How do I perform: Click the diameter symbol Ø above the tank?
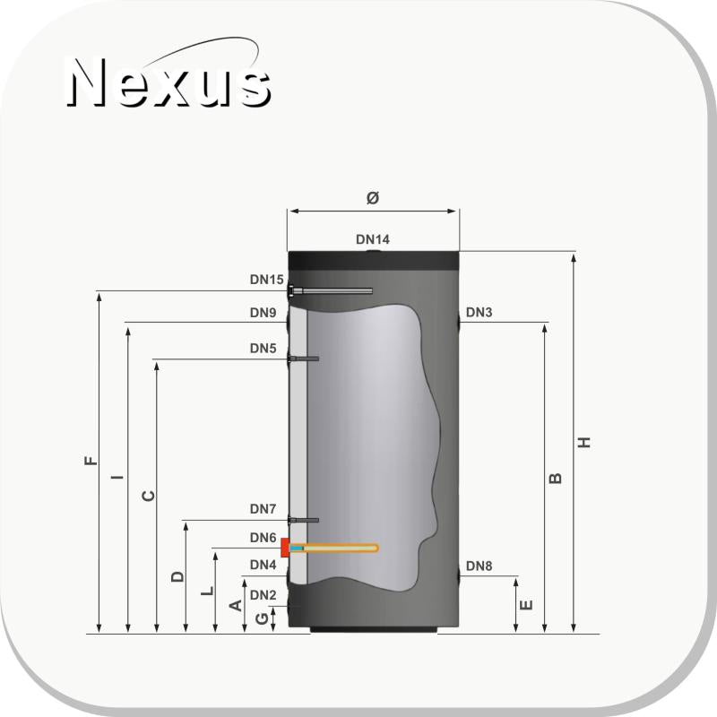click(x=373, y=198)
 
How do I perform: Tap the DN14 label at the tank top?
click(x=373, y=239)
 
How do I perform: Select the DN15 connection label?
click(x=266, y=280)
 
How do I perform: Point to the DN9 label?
click(x=263, y=313)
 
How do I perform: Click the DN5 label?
click(x=263, y=348)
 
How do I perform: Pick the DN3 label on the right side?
click(x=479, y=313)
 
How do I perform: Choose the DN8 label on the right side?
click(x=479, y=566)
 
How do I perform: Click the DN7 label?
click(x=263, y=509)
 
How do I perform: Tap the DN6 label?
click(x=263, y=538)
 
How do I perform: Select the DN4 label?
click(x=263, y=566)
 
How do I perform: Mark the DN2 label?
click(x=263, y=594)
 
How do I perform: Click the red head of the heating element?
click(x=285, y=548)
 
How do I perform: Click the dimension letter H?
click(x=584, y=443)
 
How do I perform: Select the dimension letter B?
click(x=555, y=479)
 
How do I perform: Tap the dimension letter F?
click(x=89, y=462)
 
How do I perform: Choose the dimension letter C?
click(x=149, y=496)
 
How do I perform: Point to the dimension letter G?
click(x=261, y=618)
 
